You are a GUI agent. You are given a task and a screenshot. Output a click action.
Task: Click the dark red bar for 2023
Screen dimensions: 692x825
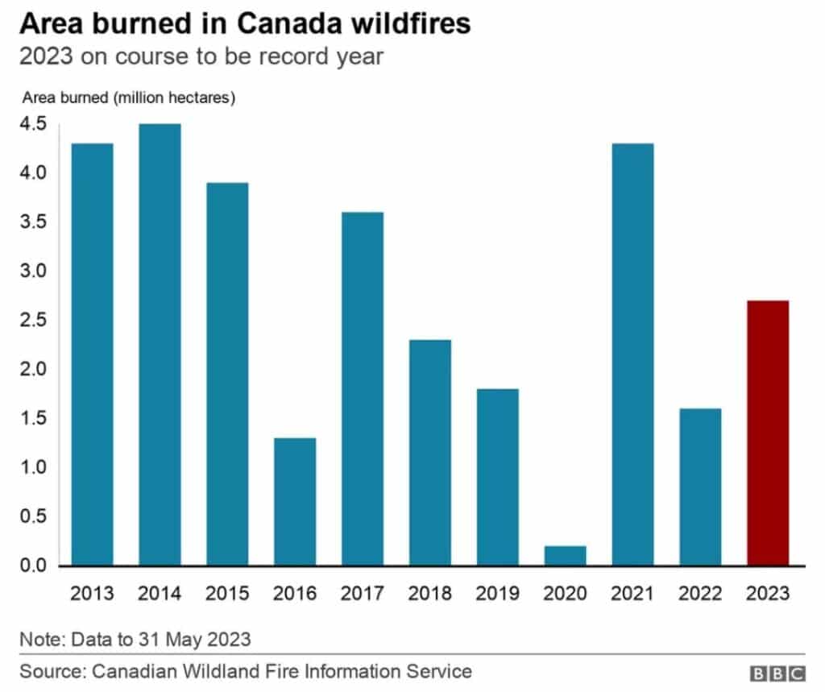click(x=768, y=433)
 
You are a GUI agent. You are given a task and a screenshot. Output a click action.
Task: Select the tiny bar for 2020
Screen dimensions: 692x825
click(x=565, y=556)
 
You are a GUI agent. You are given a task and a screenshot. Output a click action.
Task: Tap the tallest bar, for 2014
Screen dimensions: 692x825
click(x=160, y=345)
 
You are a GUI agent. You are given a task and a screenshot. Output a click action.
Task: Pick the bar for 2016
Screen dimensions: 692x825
click(x=295, y=502)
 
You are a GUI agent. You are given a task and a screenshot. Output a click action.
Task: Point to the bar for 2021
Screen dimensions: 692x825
click(x=632, y=354)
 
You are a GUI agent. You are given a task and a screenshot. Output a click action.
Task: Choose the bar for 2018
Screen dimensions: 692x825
click(x=430, y=453)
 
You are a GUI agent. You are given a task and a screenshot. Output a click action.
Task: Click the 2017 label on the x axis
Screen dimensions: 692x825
click(x=363, y=594)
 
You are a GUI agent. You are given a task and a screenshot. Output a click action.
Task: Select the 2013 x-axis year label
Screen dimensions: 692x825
click(x=92, y=594)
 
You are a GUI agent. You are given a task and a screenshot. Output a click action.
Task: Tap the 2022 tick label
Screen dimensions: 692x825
click(x=700, y=594)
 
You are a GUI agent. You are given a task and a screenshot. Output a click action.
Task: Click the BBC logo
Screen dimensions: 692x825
click(x=777, y=673)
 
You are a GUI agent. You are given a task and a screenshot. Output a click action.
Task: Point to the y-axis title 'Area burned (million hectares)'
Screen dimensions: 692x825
click(x=128, y=98)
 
